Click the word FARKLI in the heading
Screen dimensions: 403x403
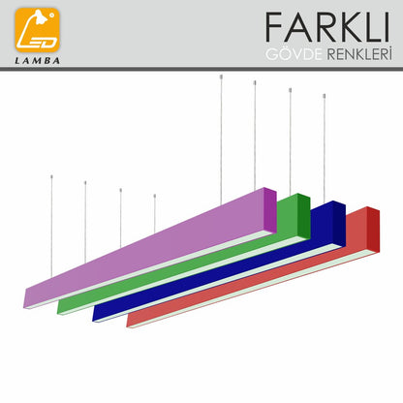(x=327, y=27)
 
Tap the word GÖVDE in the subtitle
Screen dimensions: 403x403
(x=294, y=54)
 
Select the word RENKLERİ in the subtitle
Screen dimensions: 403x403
(x=359, y=53)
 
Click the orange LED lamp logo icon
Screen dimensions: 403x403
(x=38, y=30)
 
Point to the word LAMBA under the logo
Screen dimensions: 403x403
(x=38, y=61)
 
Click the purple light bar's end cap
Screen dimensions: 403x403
(x=270, y=210)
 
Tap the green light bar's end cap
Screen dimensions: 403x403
(x=304, y=216)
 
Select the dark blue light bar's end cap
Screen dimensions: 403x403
(x=339, y=224)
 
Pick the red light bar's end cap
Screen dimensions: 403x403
(x=373, y=230)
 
